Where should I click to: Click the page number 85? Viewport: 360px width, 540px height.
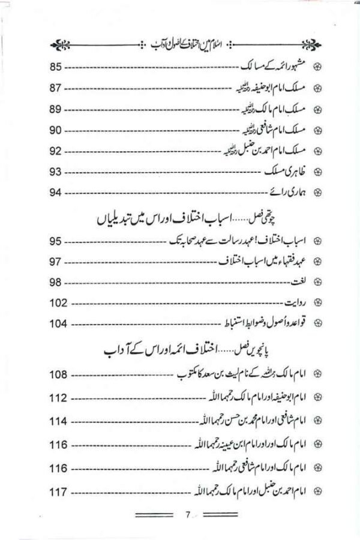[55, 67]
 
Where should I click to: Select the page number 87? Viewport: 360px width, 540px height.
[55, 89]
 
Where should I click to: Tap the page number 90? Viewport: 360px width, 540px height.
[55, 130]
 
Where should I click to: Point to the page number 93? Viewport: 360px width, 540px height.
[56, 172]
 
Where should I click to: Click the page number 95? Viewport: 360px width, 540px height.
[55, 241]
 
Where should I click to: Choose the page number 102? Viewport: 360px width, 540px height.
[58, 303]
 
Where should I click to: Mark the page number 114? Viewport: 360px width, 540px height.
[58, 421]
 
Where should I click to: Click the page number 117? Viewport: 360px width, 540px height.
[58, 493]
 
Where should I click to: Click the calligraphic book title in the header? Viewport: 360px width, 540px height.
[181, 45]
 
